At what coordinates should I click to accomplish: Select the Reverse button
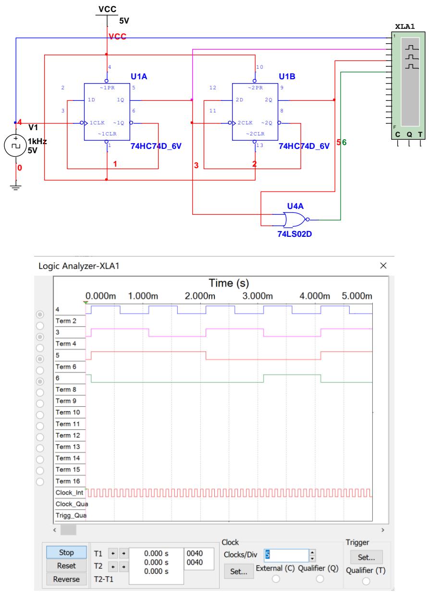click(x=66, y=579)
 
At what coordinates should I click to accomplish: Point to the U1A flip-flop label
click(x=140, y=76)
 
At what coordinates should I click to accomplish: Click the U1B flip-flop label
click(x=288, y=76)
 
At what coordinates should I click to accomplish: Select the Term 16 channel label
click(x=67, y=480)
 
